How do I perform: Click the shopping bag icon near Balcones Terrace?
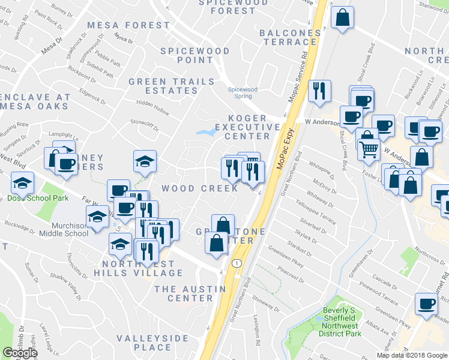click(342, 19)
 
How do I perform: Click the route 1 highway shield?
click(238, 263)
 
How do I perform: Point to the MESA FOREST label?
click(128, 25)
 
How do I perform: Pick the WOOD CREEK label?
click(191, 188)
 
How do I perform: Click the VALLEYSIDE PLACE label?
click(153, 343)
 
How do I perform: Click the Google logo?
click(20, 353)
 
